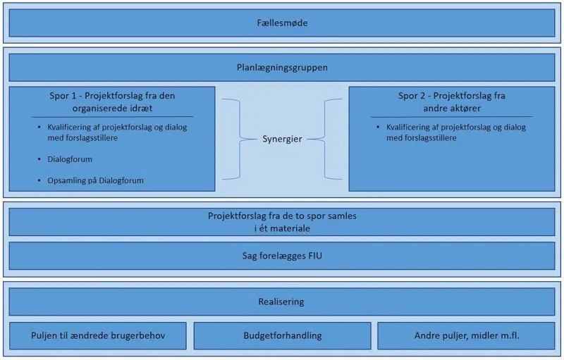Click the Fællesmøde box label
click(x=282, y=23)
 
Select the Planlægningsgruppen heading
click(x=282, y=68)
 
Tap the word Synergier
click(x=282, y=139)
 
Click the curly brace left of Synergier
click(x=233, y=139)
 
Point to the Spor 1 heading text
click(x=112, y=101)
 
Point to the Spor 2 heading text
click(x=452, y=101)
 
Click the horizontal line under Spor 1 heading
click(x=112, y=116)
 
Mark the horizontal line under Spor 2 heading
click(x=452, y=116)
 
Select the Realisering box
click(x=282, y=302)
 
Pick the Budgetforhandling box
click(x=282, y=335)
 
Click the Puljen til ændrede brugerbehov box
click(x=98, y=335)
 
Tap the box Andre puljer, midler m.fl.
click(x=466, y=335)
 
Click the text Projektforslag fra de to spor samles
click(x=282, y=216)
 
